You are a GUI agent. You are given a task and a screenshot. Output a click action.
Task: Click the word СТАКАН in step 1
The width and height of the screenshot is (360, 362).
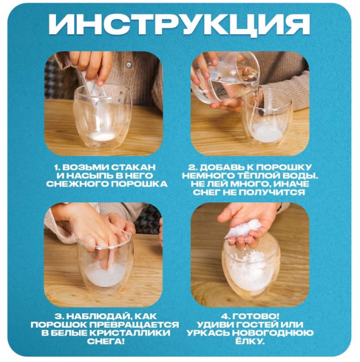point(140,166)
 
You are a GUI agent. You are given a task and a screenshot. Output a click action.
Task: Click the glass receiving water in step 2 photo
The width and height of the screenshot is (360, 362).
point(267,118)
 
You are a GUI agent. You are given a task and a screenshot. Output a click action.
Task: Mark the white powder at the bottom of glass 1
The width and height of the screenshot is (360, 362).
point(103,136)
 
